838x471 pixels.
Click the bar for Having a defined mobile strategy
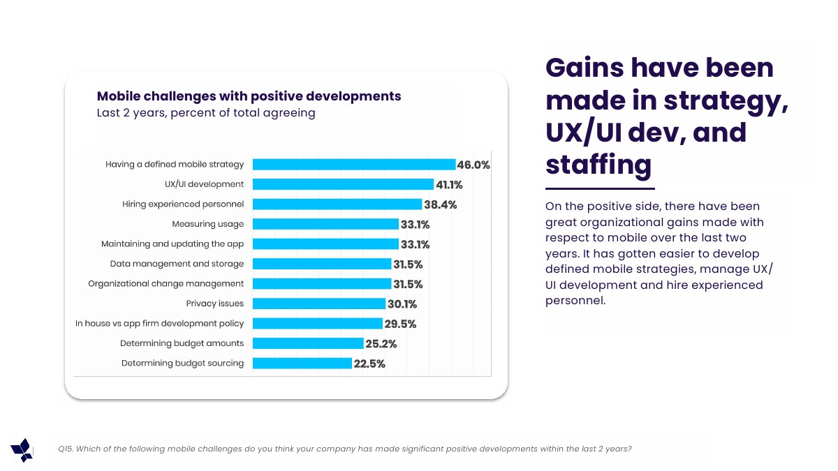click(353, 165)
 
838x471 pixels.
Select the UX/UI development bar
click(343, 184)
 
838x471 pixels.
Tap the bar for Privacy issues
click(318, 304)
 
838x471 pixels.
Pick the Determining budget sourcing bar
click(302, 363)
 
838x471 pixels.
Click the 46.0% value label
click(473, 165)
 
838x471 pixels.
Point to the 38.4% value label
click(440, 204)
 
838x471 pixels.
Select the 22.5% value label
click(369, 364)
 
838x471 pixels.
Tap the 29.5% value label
click(400, 324)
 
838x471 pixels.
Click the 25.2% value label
click(381, 343)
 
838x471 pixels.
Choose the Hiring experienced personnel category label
click(183, 204)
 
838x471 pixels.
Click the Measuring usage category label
click(208, 224)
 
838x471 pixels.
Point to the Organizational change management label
click(166, 284)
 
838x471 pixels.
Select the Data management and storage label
click(177, 264)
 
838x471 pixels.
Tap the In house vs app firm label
click(160, 324)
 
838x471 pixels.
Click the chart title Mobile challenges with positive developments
click(249, 96)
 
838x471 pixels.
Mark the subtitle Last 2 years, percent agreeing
click(205, 113)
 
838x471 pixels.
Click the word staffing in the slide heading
click(598, 165)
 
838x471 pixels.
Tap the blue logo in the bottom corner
click(22, 450)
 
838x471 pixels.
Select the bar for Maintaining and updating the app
click(325, 244)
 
